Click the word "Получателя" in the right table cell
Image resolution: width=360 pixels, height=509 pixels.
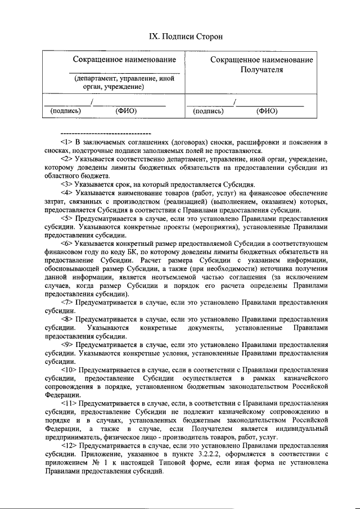[x=262, y=70]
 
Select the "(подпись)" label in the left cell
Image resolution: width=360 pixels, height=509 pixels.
[x=65, y=111]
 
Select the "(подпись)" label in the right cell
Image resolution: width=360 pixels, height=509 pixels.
[x=208, y=111]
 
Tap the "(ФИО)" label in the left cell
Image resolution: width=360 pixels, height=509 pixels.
[x=126, y=111]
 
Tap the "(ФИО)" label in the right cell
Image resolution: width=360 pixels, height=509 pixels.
[x=267, y=111]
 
